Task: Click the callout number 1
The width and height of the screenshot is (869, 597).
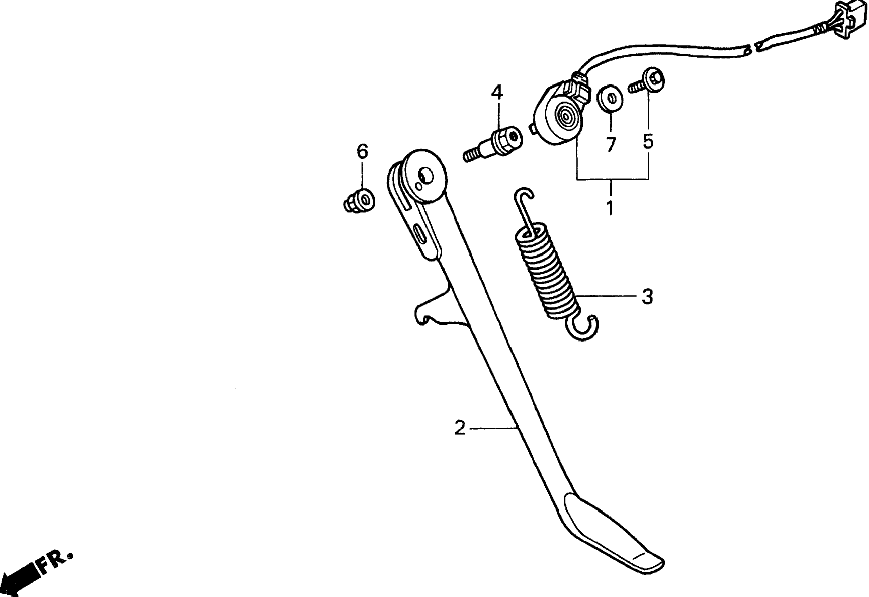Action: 611,208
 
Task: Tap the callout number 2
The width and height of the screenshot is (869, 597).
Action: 460,428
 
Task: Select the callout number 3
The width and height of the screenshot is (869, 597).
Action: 648,297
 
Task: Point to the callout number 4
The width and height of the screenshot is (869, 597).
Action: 497,93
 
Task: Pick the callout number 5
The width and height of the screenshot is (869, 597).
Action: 648,141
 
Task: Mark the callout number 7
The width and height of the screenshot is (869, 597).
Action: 611,145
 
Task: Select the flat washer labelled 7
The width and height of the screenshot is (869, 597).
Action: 611,98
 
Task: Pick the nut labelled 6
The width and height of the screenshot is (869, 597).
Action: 360,202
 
